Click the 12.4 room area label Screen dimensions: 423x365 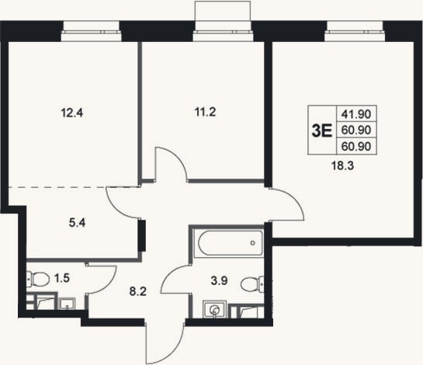pyautogui.click(x=72, y=113)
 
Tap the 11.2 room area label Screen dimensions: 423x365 pyautogui.click(x=205, y=112)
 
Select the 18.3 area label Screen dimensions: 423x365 pyautogui.click(x=342, y=165)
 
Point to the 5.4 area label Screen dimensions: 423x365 pyautogui.click(x=77, y=223)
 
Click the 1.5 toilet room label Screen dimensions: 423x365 pyautogui.click(x=62, y=278)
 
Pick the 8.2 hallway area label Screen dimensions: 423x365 pyautogui.click(x=138, y=291)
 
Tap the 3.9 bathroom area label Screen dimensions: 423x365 pyautogui.click(x=219, y=280)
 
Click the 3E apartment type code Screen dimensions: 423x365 pyautogui.click(x=322, y=130)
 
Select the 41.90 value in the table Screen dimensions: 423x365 pyautogui.click(x=356, y=114)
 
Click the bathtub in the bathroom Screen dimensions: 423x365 pyautogui.click(x=231, y=243)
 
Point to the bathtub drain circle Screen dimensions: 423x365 pyautogui.click(x=253, y=243)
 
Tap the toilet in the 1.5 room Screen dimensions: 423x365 pyautogui.click(x=38, y=279)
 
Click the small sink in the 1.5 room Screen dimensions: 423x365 pyautogui.click(x=67, y=304)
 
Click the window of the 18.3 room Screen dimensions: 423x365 pyautogui.click(x=355, y=31)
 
